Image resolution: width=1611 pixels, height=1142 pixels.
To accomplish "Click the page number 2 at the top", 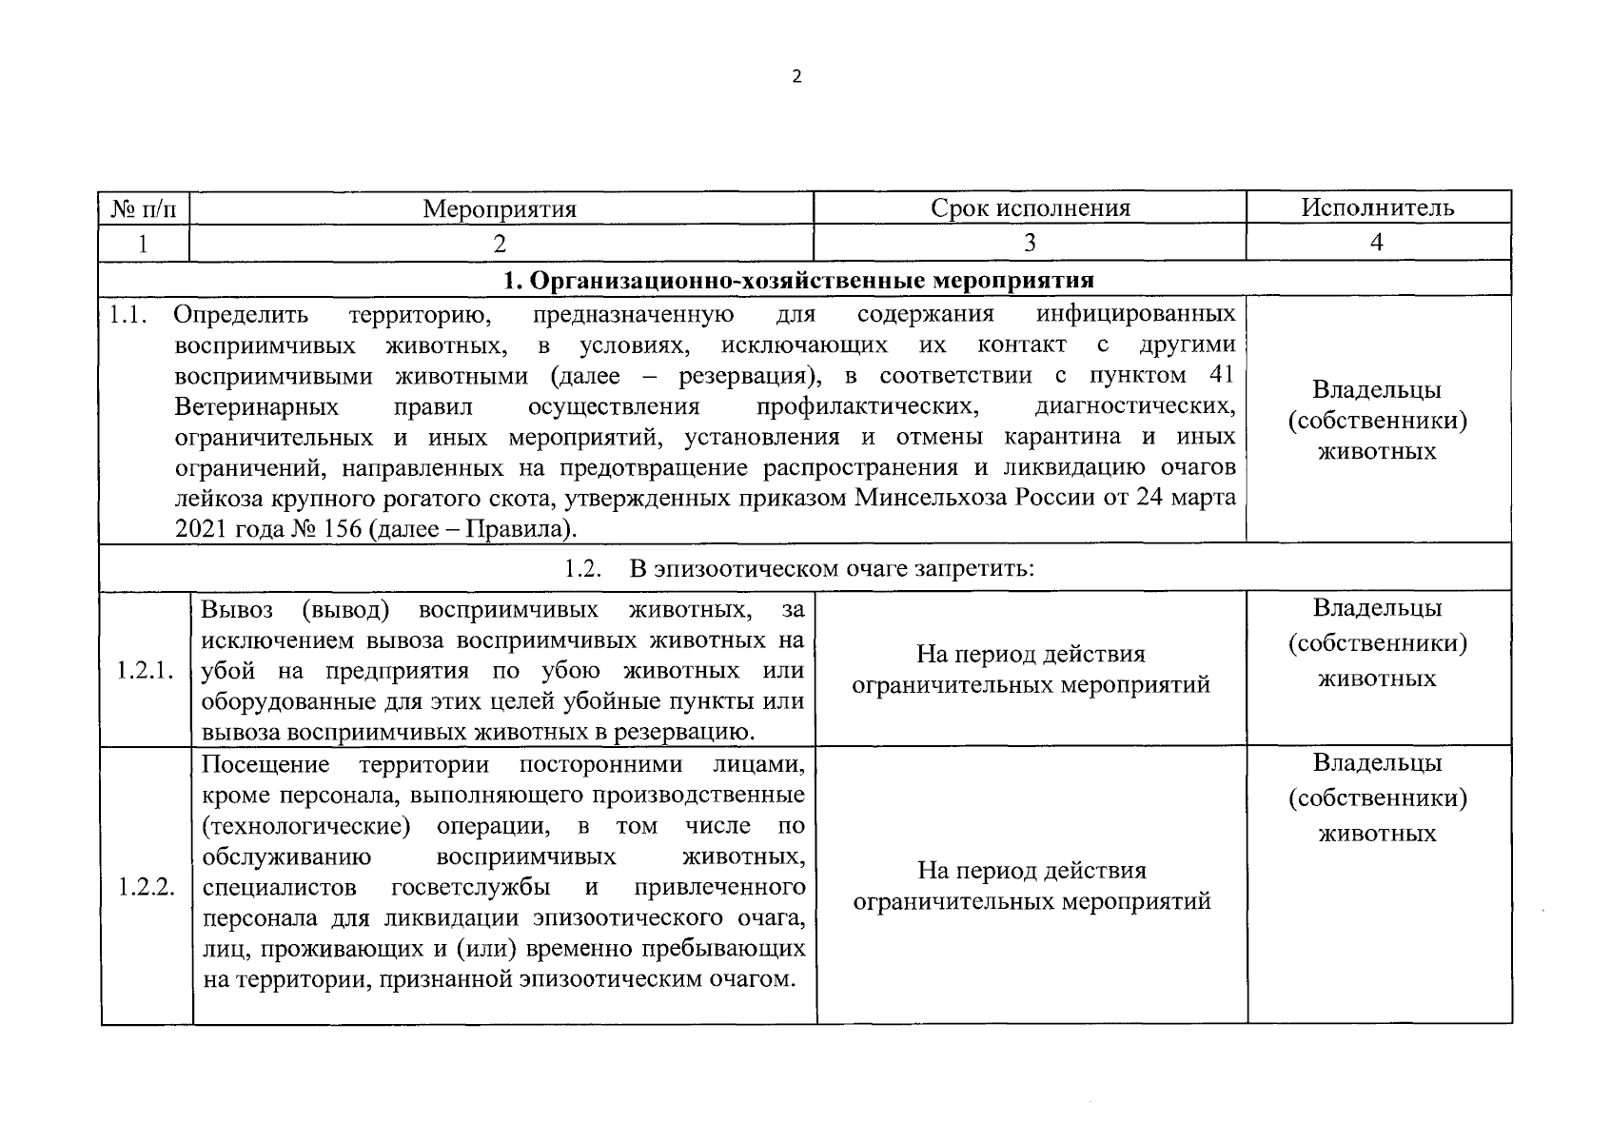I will pyautogui.click(x=797, y=77).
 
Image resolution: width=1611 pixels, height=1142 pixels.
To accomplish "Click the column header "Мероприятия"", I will pyautogui.click(x=500, y=208).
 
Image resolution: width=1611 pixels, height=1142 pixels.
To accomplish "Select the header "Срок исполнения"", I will pyautogui.click(x=1031, y=208).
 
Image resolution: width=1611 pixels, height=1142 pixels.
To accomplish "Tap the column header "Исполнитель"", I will pyautogui.click(x=1378, y=207).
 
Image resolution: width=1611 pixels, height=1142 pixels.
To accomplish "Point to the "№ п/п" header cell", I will pyautogui.click(x=145, y=208).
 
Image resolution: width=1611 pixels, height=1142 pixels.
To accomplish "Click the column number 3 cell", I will pyautogui.click(x=1030, y=243).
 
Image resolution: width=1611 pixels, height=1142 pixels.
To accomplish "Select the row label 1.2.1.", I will pyautogui.click(x=146, y=670).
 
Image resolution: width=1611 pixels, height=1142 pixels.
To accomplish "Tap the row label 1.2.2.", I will pyautogui.click(x=146, y=887).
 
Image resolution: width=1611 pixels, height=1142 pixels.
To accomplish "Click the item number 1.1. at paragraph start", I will pyautogui.click(x=127, y=314).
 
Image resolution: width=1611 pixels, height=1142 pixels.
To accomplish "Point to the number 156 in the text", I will pyautogui.click(x=337, y=529).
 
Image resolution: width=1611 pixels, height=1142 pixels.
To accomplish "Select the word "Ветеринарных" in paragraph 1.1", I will pyautogui.click(x=257, y=407).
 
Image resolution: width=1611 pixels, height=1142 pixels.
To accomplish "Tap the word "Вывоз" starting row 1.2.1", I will pyautogui.click(x=237, y=609).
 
